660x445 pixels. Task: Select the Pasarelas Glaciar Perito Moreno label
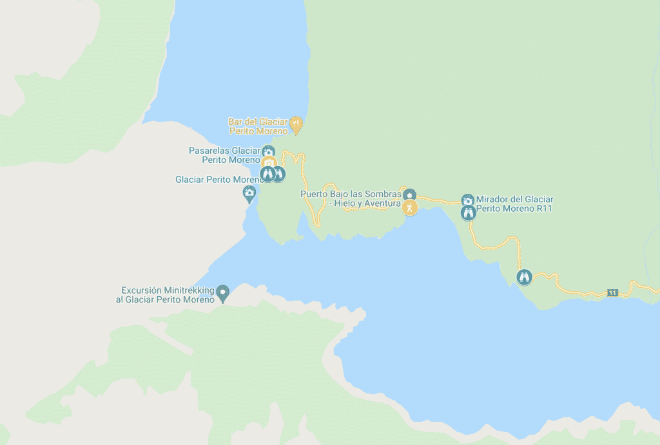[x=224, y=155]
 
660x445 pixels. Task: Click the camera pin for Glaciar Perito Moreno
[x=249, y=193]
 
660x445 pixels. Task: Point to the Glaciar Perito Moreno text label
[x=216, y=180]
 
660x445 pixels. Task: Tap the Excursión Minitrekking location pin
[x=223, y=293]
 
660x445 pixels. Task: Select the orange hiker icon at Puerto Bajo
[x=410, y=207]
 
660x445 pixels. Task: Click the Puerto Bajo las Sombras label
[x=351, y=198]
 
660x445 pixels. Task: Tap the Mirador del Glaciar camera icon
[x=468, y=200]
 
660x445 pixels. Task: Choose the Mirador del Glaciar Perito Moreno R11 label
[x=514, y=204]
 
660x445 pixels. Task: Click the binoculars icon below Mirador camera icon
[x=469, y=213]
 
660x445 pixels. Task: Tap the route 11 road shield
[x=612, y=293]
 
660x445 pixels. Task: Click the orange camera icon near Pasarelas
[x=269, y=162]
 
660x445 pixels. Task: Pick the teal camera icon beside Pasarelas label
[x=268, y=151]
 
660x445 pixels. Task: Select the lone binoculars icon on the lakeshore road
[x=525, y=278]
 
